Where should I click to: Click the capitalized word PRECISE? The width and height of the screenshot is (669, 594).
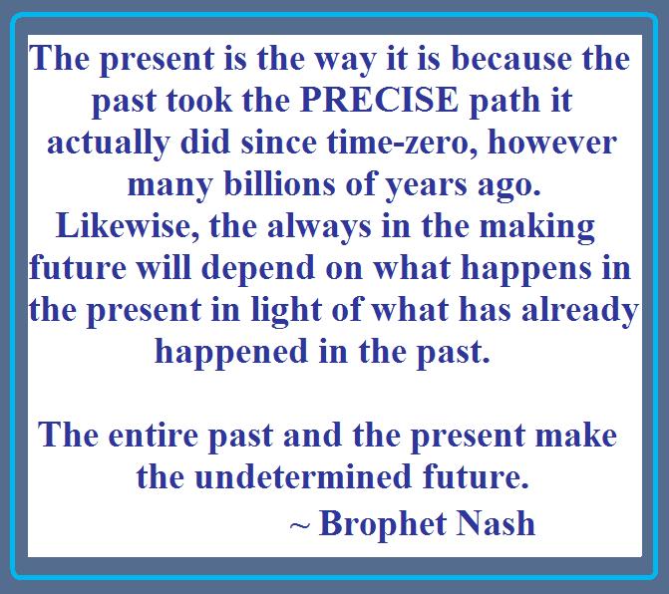[379, 100]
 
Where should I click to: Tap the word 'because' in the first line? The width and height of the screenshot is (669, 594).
[512, 58]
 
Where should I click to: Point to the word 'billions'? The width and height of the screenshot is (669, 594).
[279, 183]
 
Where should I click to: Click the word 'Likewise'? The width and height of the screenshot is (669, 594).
[128, 226]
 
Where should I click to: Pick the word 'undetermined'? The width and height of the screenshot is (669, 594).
[303, 476]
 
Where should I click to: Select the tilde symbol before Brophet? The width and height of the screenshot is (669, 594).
[299, 526]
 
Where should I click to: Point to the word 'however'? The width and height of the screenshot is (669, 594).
[552, 142]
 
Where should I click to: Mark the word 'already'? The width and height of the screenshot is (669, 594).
[580, 311]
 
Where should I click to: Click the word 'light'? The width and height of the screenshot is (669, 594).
[286, 311]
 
